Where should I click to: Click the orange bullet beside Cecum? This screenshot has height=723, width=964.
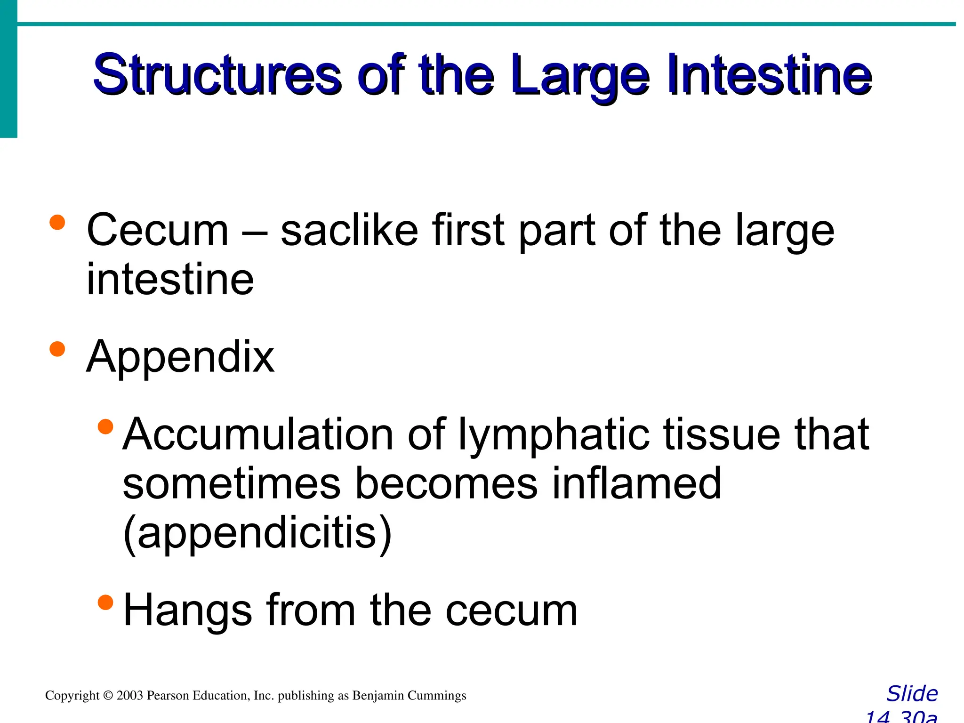57,222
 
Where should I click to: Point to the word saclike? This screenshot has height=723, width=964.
349,231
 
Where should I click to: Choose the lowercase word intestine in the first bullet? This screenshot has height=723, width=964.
170,280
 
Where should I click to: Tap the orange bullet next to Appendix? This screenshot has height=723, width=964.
57,349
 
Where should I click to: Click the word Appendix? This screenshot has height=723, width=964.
180,358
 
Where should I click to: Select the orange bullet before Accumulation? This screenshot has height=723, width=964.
105,426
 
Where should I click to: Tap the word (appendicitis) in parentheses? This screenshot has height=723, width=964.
257,534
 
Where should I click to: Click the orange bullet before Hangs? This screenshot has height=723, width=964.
105,602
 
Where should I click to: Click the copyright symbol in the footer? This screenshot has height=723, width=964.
108,696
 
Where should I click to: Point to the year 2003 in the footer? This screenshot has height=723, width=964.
129,696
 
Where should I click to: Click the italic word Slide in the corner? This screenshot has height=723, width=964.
912,694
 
